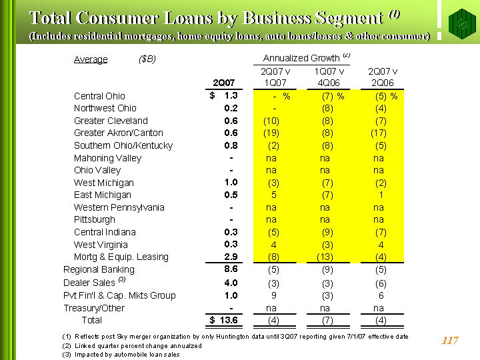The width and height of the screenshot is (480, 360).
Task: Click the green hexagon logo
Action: pyautogui.click(x=462, y=24)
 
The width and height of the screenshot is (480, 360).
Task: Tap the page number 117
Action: pyautogui.click(x=450, y=340)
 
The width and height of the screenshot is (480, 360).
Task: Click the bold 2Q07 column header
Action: pyautogui.click(x=224, y=83)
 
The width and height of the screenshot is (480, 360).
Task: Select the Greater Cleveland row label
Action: pyautogui.click(x=111, y=121)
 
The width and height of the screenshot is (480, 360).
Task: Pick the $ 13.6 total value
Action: pyautogui.click(x=224, y=320)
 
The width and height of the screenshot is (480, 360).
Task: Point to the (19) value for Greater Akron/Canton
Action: pyautogui.click(x=271, y=133)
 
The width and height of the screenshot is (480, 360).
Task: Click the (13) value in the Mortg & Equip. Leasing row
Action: pyautogui.click(x=325, y=257)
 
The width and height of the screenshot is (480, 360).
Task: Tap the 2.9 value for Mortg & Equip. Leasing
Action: pyautogui.click(x=231, y=257)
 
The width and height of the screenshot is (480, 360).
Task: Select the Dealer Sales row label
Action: pyautogui.click(x=94, y=282)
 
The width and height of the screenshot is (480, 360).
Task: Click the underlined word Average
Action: pyautogui.click(x=91, y=59)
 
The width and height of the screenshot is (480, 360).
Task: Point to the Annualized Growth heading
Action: pyautogui.click(x=307, y=57)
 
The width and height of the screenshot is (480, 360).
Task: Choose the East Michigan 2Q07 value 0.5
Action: pyautogui.click(x=231, y=195)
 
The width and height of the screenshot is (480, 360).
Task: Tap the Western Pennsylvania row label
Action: pyautogui.click(x=119, y=207)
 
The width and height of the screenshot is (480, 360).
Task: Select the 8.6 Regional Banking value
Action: pyautogui.click(x=231, y=269)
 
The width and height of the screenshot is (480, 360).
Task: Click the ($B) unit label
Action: pyautogui.click(x=147, y=59)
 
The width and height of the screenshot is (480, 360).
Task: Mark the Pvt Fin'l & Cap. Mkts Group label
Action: pyautogui.click(x=119, y=295)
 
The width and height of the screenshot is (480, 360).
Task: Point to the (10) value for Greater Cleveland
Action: pyautogui.click(x=271, y=121)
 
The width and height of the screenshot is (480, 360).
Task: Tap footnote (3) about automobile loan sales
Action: pyautogui.click(x=121, y=355)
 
